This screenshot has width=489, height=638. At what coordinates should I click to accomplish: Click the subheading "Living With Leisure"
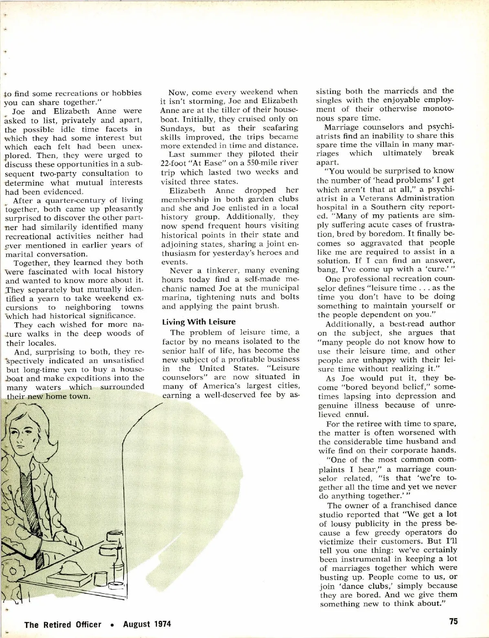point(198,322)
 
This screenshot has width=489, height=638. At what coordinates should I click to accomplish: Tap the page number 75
point(453,621)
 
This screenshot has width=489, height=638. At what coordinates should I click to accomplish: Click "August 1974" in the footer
point(147,624)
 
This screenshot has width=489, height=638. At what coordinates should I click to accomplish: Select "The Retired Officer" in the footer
point(63,624)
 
